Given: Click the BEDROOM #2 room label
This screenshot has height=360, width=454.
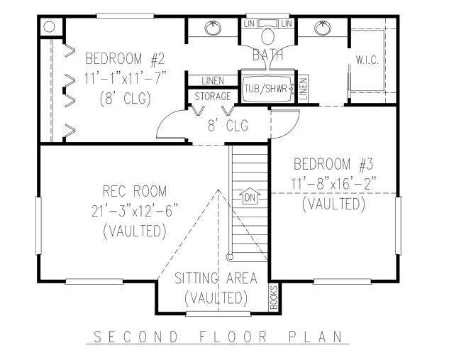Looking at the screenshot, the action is click(x=125, y=58).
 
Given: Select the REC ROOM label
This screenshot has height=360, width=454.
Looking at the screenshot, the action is click(x=135, y=191).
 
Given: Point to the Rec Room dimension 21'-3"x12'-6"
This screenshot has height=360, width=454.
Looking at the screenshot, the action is click(x=134, y=211).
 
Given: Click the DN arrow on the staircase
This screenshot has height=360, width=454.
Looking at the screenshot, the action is click(x=250, y=196).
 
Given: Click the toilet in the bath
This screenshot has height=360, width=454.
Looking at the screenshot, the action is click(x=268, y=36).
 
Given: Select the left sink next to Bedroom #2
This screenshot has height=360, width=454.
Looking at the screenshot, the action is click(x=213, y=28).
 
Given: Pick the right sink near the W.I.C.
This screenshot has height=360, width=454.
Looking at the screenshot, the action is click(x=322, y=28).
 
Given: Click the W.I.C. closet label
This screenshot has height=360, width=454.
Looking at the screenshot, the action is click(x=367, y=60).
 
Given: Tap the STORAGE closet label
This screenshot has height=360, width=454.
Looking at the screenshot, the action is click(x=213, y=97).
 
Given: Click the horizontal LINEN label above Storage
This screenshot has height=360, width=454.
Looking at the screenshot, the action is click(x=213, y=81).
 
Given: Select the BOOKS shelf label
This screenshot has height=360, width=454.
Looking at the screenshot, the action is click(x=274, y=298).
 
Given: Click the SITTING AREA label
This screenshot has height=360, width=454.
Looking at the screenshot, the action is click(x=216, y=278).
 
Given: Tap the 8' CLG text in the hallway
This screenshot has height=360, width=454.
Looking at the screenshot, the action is click(x=228, y=126).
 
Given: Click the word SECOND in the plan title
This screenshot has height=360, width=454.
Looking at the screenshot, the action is click(x=136, y=337).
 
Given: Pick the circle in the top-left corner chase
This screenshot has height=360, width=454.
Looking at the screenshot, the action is click(x=49, y=27).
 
